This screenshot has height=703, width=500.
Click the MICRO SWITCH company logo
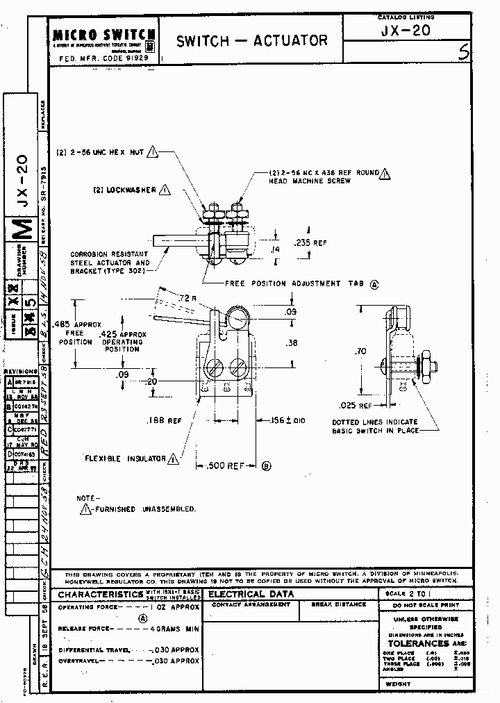tap(104, 35)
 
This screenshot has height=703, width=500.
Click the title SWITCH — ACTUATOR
tap(251, 41)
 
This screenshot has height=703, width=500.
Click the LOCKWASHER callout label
tap(126, 189)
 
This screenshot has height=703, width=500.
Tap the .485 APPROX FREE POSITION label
tap(87, 332)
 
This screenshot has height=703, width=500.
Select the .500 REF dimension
tap(226, 466)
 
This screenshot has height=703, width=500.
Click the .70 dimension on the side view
tap(360, 352)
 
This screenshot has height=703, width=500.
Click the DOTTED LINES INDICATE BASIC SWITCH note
tap(376, 426)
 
